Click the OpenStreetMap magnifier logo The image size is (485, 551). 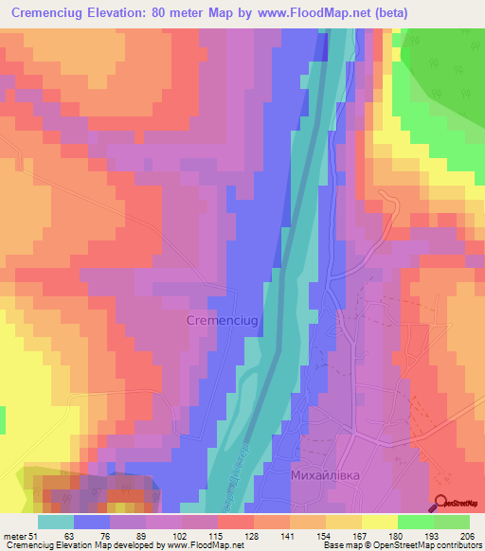[x=441, y=502]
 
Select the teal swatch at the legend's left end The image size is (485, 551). [x=56, y=521]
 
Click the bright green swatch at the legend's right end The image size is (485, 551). [x=452, y=521]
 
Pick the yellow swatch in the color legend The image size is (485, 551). [x=380, y=521]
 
